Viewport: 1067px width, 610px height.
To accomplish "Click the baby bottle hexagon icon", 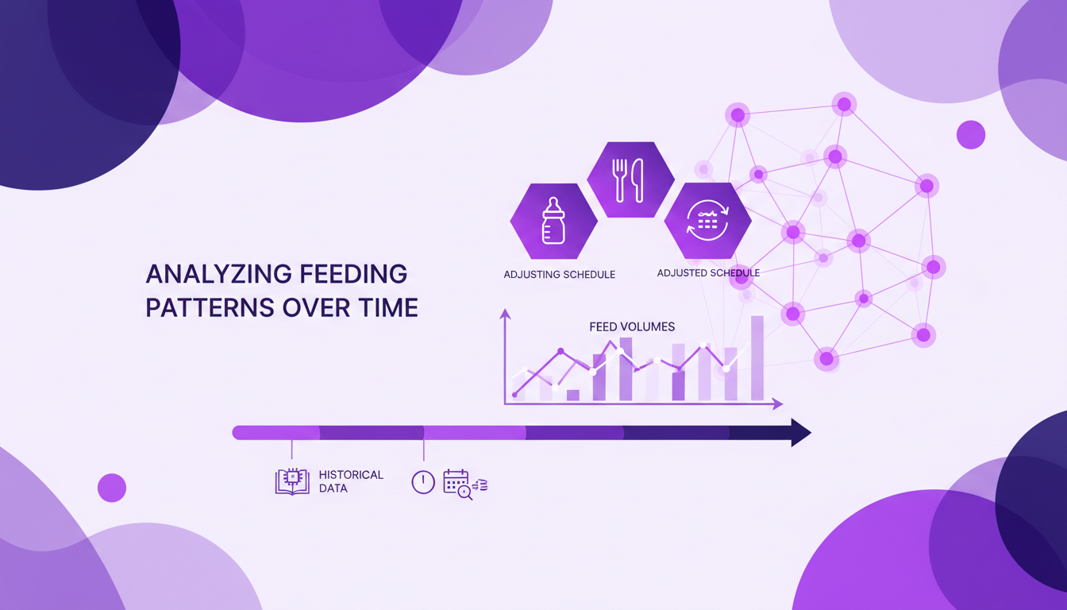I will point(553,221).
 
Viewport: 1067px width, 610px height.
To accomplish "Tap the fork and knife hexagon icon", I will point(630,180).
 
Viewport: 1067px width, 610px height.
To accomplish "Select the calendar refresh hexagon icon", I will point(707,221).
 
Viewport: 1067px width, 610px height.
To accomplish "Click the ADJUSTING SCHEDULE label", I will point(559,275).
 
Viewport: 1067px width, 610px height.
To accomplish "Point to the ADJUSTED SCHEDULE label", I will point(708,273).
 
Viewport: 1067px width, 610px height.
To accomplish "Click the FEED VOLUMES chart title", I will point(632,326).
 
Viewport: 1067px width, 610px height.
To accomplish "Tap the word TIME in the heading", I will point(386,307).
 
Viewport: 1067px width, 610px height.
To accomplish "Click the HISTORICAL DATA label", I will point(351,481).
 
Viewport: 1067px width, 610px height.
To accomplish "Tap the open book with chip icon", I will point(291,481).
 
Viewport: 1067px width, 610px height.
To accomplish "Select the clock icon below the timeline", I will point(423,482).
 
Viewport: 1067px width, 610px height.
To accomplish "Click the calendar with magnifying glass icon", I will point(457,483).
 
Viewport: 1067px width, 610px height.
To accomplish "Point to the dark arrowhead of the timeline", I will point(800,433).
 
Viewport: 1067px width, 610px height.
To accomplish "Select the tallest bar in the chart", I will point(757,358).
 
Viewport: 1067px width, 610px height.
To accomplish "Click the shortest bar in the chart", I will point(573,395).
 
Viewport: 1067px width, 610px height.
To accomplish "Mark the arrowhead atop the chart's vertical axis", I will point(505,315).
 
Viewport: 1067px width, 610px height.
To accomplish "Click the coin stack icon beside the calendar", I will point(480,485).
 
